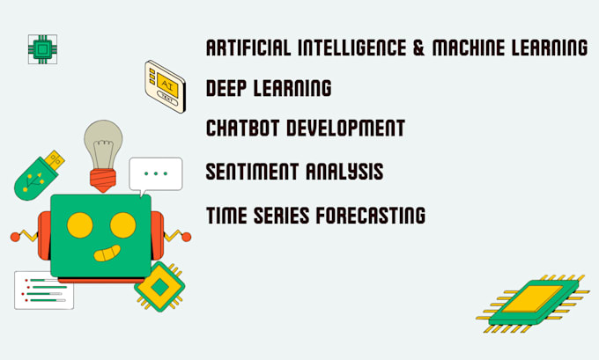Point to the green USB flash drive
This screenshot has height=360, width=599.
click(x=40, y=174)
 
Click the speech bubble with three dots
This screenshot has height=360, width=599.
click(x=155, y=173)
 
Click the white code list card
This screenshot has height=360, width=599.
click(x=44, y=290)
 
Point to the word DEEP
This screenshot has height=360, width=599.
click(x=227, y=88)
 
